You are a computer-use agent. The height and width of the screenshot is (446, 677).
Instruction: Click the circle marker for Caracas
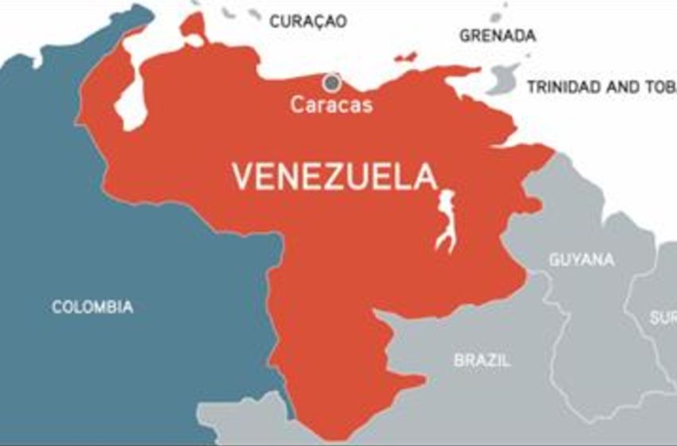[x=331, y=81]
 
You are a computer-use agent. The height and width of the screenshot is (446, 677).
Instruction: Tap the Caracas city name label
[x=331, y=104]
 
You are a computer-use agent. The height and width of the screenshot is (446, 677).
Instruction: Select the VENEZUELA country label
[x=335, y=176]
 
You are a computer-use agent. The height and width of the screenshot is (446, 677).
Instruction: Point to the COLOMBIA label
[x=92, y=307]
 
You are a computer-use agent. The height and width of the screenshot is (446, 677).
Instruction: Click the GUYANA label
[x=581, y=260]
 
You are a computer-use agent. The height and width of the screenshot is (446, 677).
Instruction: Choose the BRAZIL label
[x=482, y=361]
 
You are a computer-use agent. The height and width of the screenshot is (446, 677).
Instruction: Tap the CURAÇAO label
[x=308, y=22]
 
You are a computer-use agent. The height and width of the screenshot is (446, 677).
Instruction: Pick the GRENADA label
[x=498, y=36]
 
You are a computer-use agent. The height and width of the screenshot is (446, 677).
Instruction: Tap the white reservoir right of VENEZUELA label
[x=447, y=220]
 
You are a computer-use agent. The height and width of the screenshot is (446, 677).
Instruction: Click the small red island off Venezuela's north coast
[x=406, y=57]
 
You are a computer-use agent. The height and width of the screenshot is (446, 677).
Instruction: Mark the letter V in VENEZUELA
[x=241, y=176]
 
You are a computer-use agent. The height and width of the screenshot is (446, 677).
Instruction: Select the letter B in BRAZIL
[x=460, y=361]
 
